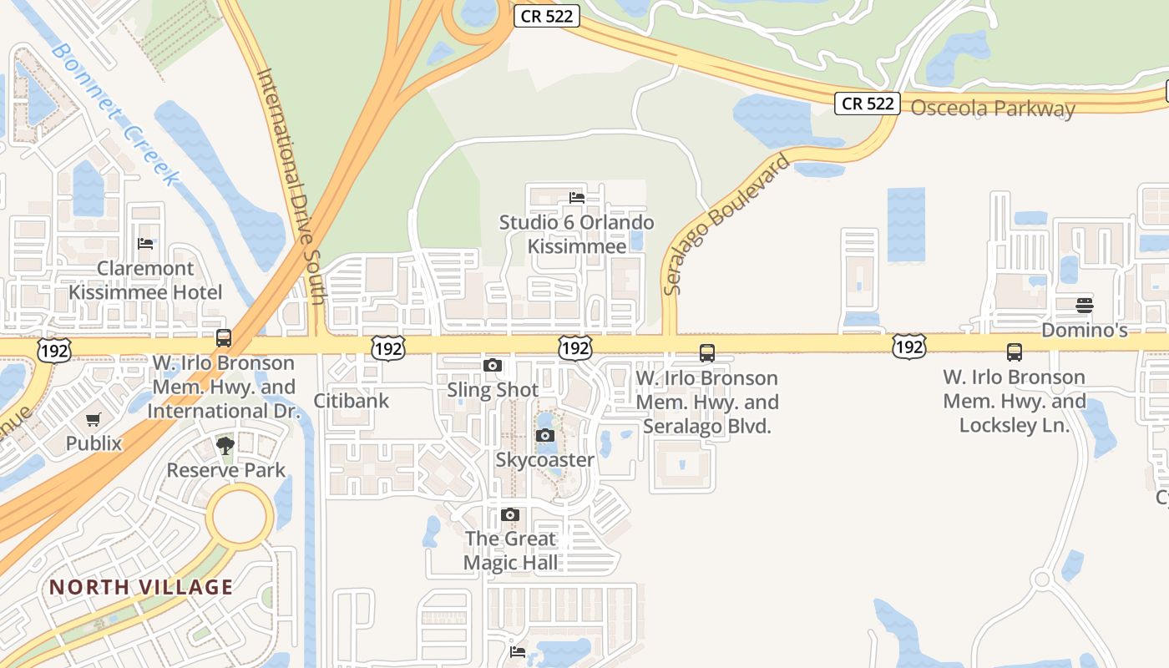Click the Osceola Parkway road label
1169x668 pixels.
[x=992, y=109]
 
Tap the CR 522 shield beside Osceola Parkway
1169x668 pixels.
[x=868, y=104]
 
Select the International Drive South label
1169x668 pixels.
[x=291, y=185]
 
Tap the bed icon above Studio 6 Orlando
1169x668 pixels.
[x=576, y=198]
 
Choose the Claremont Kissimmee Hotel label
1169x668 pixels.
[x=145, y=281]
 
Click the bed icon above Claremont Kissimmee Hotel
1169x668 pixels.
[x=145, y=244]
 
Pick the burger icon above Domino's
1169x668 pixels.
[x=1084, y=306]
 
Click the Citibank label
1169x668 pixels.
[x=352, y=401]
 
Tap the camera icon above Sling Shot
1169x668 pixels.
[x=493, y=365]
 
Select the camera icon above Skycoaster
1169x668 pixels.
[x=544, y=435]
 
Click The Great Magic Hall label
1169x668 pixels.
[x=511, y=550]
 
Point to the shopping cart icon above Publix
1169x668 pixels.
[x=93, y=419]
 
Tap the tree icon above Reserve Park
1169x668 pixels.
[x=225, y=445]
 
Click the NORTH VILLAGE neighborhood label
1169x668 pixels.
[x=141, y=587]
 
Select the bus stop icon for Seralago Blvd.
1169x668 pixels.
[x=707, y=353]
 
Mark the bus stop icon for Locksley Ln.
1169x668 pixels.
[x=1015, y=352]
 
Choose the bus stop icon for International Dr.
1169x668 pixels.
[x=224, y=338]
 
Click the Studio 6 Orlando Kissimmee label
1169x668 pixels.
[x=576, y=235]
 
